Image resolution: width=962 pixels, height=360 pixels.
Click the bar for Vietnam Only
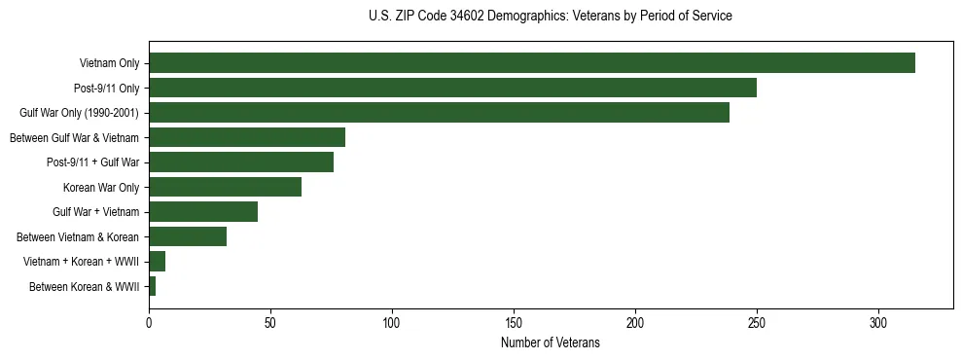click(532, 63)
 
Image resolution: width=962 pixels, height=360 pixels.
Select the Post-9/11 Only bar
click(452, 88)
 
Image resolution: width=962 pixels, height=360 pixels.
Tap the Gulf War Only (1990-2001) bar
click(439, 113)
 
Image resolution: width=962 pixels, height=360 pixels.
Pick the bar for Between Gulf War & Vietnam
click(247, 137)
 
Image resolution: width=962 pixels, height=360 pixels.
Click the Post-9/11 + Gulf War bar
click(241, 162)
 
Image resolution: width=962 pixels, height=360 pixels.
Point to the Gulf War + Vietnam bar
click(203, 212)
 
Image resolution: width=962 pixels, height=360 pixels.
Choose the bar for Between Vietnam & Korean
click(188, 236)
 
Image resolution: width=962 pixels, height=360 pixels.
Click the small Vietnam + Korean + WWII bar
click(158, 262)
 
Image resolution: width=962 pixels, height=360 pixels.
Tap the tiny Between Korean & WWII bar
click(153, 286)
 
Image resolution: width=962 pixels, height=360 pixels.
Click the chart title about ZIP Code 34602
click(551, 17)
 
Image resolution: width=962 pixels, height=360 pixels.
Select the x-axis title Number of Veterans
click(551, 343)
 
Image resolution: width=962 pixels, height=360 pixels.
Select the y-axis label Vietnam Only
click(109, 63)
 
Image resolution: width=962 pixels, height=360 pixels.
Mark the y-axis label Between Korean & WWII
click(84, 286)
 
